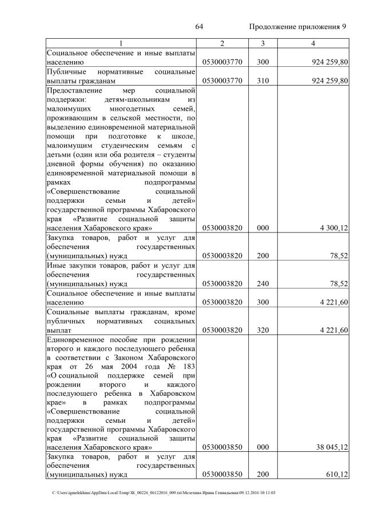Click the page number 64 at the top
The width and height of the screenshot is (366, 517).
click(x=200, y=27)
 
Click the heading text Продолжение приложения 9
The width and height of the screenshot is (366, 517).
click(x=298, y=27)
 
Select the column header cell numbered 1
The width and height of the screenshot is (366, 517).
click(x=121, y=43)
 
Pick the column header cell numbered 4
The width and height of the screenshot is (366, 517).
click(x=313, y=43)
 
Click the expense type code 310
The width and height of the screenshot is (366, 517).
click(x=262, y=81)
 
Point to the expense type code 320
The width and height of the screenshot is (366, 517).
click(x=262, y=330)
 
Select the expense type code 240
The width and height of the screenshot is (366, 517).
click(x=262, y=283)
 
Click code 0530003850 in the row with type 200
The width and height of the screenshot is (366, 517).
click(x=222, y=475)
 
